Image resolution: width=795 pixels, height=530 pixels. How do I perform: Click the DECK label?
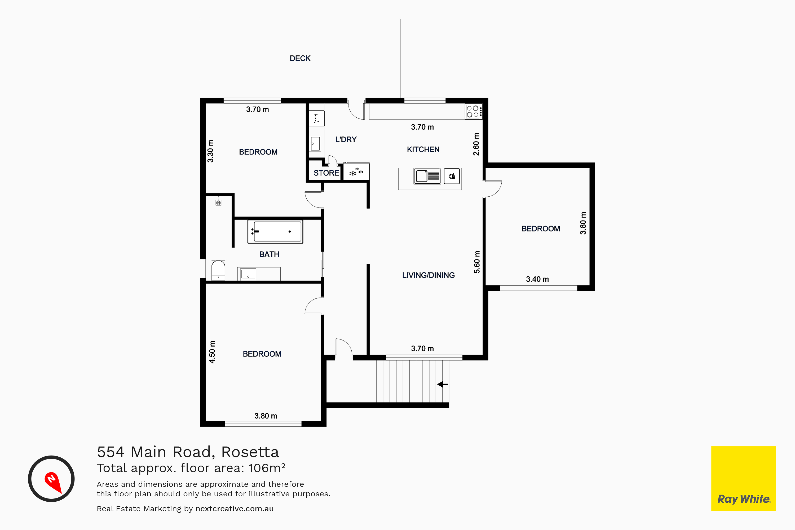tap(300, 59)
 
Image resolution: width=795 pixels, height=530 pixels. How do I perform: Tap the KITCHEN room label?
tap(423, 149)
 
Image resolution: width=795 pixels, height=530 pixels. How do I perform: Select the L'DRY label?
tap(346, 140)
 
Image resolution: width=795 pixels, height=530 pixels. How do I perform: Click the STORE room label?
tap(326, 173)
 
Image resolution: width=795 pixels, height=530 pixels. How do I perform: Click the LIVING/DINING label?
tap(428, 275)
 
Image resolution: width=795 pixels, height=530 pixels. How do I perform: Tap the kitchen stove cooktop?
tap(474, 112)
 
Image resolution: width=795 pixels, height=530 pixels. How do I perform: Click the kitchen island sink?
tap(427, 176)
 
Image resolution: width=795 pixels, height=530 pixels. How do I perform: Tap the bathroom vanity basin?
tap(249, 274)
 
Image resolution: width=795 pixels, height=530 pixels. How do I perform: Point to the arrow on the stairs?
tap(443, 384)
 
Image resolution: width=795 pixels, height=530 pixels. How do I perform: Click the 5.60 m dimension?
tap(476, 262)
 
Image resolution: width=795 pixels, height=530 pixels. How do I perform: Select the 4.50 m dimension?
tap(212, 352)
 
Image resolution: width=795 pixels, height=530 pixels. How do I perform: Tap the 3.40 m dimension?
tap(537, 279)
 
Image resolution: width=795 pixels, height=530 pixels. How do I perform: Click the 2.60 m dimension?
tap(476, 144)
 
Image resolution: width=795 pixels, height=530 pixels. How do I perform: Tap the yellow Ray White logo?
tap(744, 479)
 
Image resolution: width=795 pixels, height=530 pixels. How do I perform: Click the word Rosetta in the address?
tap(250, 452)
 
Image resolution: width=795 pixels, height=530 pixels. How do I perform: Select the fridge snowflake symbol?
tap(356, 172)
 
